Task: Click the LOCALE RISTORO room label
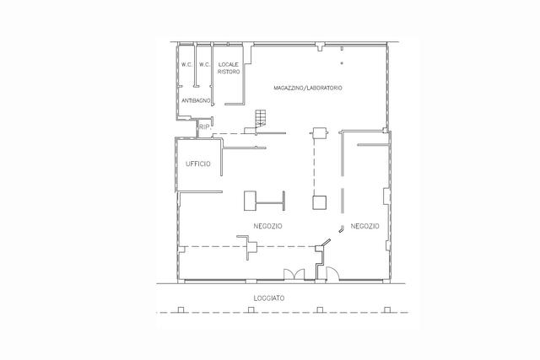point(229,68)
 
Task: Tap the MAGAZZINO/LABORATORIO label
point(308,88)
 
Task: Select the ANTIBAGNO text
point(196,100)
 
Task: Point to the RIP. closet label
point(205,127)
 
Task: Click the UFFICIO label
point(198,164)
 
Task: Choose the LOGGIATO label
point(269,298)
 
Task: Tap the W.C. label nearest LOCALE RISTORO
point(204,64)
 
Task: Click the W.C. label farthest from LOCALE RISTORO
point(187,64)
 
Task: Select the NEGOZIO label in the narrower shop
point(364,226)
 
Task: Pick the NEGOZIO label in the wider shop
point(268,226)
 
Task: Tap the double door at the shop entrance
point(294,274)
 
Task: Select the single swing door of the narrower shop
point(332,274)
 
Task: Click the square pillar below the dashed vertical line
point(319,202)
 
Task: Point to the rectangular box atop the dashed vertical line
point(319,133)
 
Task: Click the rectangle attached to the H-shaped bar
point(251,201)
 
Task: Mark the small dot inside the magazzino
point(342,63)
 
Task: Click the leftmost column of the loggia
point(181,309)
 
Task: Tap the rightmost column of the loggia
point(387,309)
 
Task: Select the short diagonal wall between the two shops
point(327,242)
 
